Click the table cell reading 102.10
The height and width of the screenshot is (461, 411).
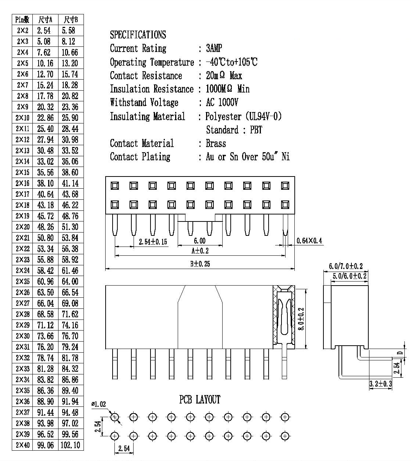[70, 445]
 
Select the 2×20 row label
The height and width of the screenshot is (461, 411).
[22, 227]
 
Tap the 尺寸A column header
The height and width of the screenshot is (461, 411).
[45, 20]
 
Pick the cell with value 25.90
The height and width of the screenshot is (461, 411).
[70, 118]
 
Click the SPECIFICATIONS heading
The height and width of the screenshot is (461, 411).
[138, 35]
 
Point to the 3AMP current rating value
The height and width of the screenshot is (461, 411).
[214, 48]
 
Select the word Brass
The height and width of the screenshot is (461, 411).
[216, 143]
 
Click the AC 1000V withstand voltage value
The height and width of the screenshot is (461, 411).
[222, 102]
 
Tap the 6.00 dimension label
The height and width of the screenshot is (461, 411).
[200, 241]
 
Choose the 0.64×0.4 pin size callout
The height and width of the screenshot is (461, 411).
[309, 241]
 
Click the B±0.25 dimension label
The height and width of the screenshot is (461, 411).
[200, 264]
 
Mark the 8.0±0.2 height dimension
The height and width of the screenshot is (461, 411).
[301, 319]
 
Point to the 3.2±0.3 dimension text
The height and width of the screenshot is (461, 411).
[380, 384]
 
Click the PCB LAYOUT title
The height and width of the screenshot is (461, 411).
[200, 399]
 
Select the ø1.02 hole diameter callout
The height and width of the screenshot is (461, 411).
[99, 404]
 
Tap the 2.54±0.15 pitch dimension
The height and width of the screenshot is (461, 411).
[153, 242]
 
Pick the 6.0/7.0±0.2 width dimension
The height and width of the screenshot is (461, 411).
[346, 266]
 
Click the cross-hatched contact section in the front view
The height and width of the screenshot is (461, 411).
[284, 317]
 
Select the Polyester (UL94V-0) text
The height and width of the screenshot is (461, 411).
[243, 116]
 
